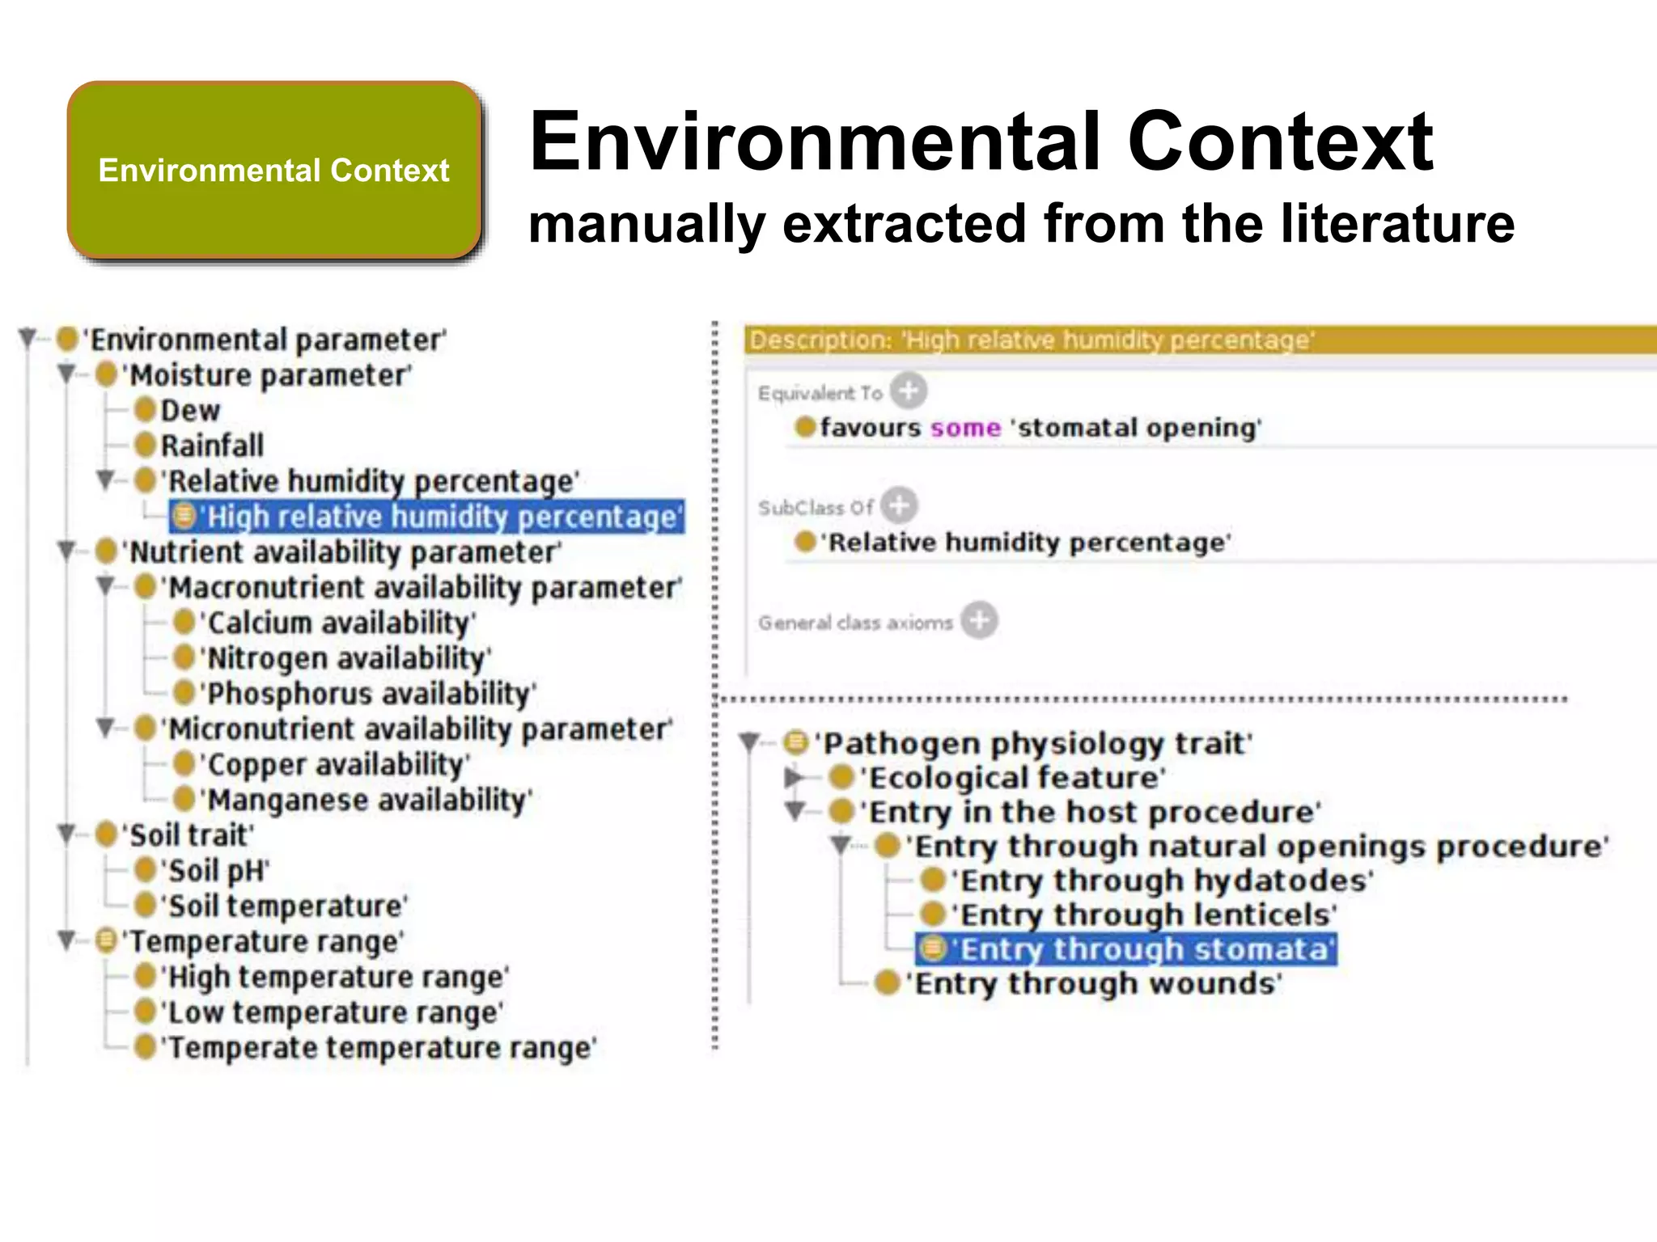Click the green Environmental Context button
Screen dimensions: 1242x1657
[274, 171]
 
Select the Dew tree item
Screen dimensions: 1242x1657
[189, 411]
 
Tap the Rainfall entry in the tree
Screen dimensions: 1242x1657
[211, 446]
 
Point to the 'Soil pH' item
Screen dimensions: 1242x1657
[216, 871]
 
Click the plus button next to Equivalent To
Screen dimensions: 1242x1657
[909, 391]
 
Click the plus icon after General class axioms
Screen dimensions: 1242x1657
[979, 621]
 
